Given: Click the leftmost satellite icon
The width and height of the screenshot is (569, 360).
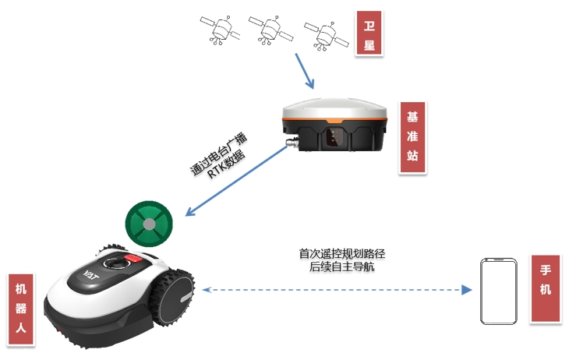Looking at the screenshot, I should point(221,30).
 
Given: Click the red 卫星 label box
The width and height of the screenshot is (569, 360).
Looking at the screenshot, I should point(369,34).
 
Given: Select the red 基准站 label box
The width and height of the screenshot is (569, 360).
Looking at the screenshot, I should point(412,137).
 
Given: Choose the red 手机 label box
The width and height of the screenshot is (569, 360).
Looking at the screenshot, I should point(546,289).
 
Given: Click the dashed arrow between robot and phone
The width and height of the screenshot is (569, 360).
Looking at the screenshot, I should point(335,290).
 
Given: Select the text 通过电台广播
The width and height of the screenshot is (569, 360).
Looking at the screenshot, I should point(219,154).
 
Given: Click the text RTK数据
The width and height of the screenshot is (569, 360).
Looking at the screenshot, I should point(226,165).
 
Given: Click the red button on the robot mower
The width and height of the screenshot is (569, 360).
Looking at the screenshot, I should point(138,257).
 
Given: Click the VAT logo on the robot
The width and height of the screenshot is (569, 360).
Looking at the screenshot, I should point(87,274).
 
